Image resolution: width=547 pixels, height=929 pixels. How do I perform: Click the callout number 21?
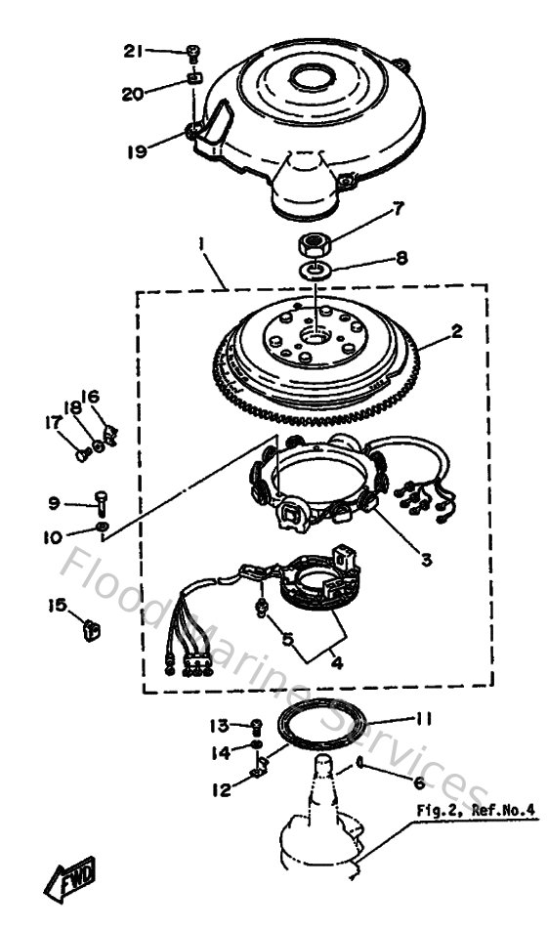pyautogui.click(x=134, y=52)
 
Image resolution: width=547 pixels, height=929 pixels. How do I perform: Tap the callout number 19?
pyautogui.click(x=137, y=150)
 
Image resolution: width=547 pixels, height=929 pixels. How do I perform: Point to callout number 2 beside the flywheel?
pyautogui.click(x=456, y=330)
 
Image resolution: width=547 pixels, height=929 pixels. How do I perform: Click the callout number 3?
pyautogui.click(x=426, y=560)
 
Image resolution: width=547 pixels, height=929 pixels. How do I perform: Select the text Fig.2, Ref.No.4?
pyautogui.click(x=477, y=809)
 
